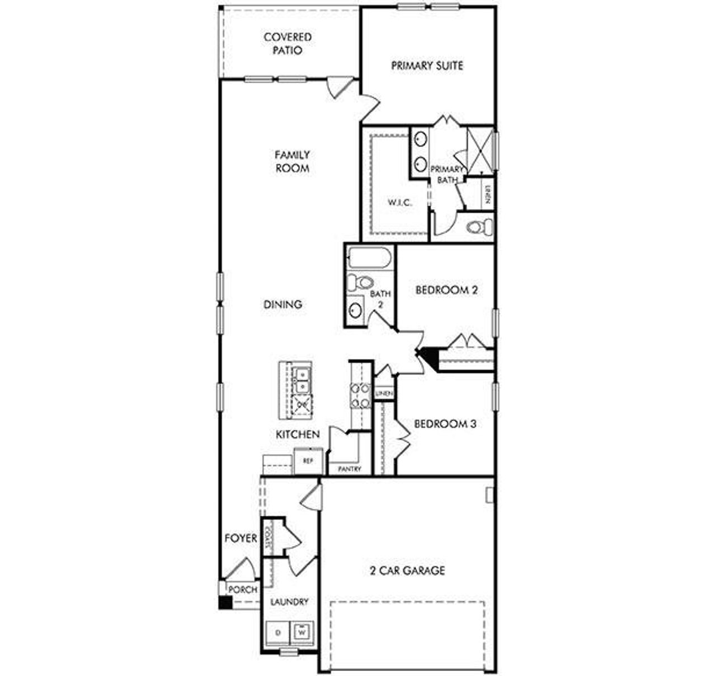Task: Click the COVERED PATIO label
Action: coord(288,44)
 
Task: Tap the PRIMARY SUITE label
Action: coord(427,66)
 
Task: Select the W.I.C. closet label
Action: coord(400,203)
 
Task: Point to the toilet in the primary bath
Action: coord(480,227)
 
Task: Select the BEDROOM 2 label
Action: coord(446,290)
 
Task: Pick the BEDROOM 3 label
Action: coord(445,424)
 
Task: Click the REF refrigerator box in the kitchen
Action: coord(308,461)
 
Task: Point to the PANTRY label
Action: coord(350,469)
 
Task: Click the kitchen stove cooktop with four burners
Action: coord(360,395)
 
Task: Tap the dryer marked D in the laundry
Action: coord(277,632)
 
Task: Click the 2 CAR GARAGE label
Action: coord(407,571)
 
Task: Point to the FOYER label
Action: coord(241,538)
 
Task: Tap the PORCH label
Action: coord(243,589)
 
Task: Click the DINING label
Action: coord(283,304)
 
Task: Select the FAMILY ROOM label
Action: coord(292,161)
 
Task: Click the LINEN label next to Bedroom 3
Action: coord(384,394)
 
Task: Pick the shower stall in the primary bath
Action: coord(479,149)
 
